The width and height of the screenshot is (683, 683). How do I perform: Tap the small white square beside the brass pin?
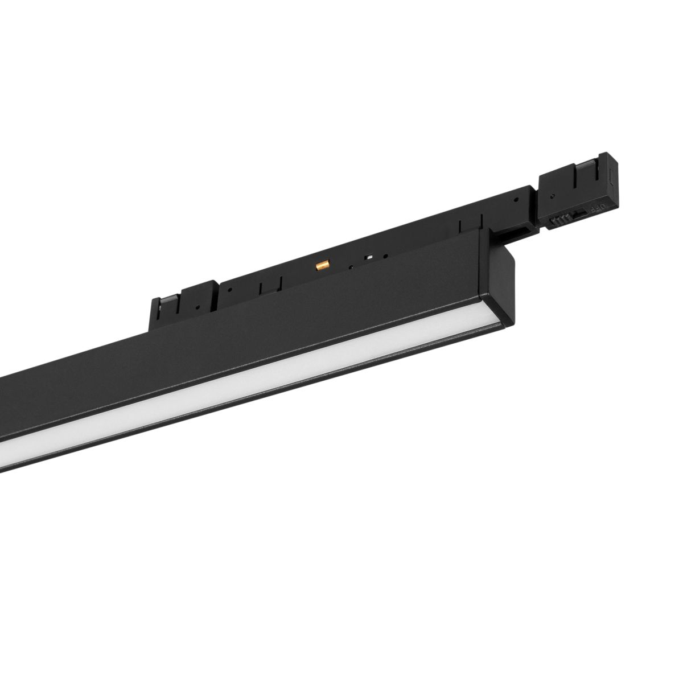369,257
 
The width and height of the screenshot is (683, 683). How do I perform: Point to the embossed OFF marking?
597,209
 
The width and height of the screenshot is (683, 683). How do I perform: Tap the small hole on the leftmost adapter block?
197,307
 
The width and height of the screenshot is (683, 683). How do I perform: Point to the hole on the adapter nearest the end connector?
515,200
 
